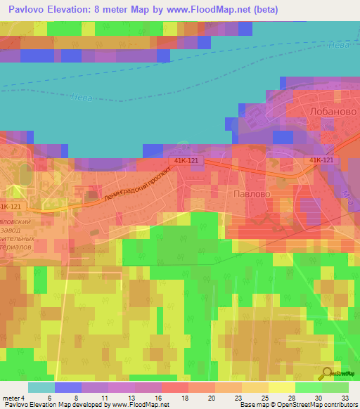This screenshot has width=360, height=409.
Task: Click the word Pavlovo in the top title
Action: tap(30, 10)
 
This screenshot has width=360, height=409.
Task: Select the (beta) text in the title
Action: tap(264, 10)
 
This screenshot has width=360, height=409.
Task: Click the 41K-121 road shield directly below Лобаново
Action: tap(321, 161)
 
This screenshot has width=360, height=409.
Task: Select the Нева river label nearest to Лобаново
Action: tap(337, 46)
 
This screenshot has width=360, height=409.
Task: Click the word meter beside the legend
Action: tap(11, 398)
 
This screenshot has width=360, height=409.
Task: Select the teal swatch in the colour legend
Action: tap(41, 387)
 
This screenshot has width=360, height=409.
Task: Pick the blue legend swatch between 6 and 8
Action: tap(68, 387)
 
